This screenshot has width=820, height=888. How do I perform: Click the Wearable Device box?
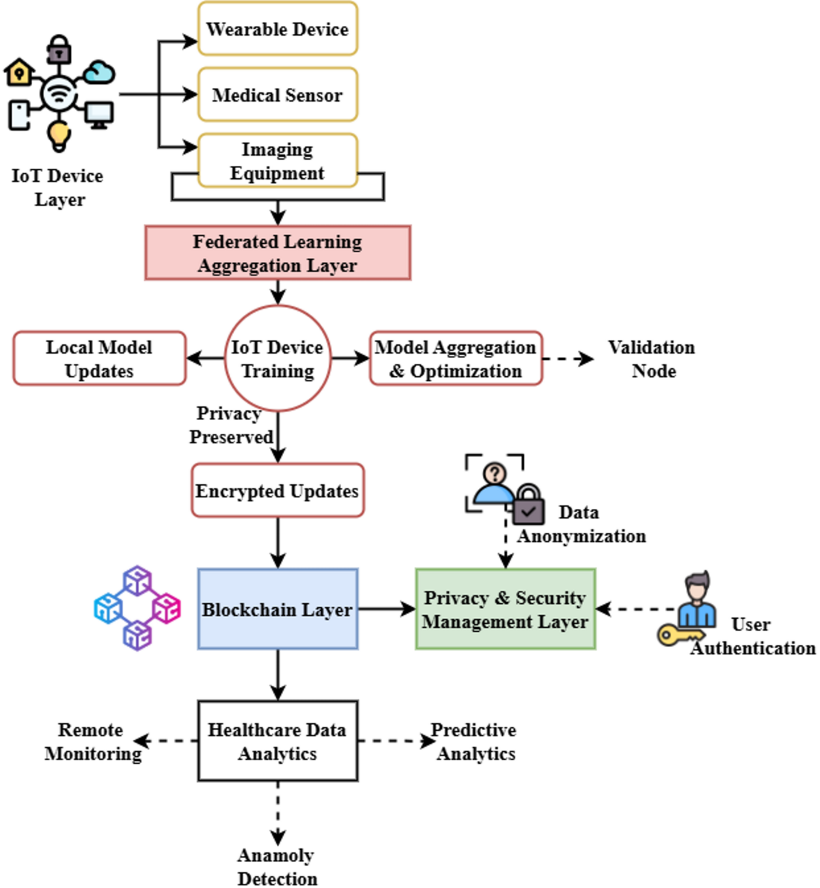point(277,29)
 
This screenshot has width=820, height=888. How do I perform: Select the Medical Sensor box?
point(277,94)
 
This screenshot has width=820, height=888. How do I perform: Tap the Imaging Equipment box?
point(277,161)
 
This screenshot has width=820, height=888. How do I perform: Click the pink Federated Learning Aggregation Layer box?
point(277,253)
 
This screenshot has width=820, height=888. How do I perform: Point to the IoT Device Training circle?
point(277,359)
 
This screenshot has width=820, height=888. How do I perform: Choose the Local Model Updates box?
point(99,359)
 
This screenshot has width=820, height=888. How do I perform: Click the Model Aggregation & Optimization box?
point(456,359)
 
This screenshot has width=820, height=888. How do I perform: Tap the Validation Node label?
point(653,359)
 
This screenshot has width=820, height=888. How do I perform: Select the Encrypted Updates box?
point(277,490)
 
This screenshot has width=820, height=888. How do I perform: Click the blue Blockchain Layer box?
point(277,609)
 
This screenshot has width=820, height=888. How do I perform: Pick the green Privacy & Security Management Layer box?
point(505,609)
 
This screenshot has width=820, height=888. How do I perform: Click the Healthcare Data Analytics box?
point(277,741)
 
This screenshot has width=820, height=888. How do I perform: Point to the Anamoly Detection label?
point(277,866)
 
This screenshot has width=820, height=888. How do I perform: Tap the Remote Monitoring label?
point(92,741)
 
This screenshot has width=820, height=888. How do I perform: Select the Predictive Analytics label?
point(475,741)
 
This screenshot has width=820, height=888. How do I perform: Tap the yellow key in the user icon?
point(676,635)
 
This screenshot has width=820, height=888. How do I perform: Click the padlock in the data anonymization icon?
point(528,505)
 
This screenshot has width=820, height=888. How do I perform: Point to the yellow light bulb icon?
point(59,135)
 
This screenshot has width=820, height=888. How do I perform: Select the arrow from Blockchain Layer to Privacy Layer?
point(387,609)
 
